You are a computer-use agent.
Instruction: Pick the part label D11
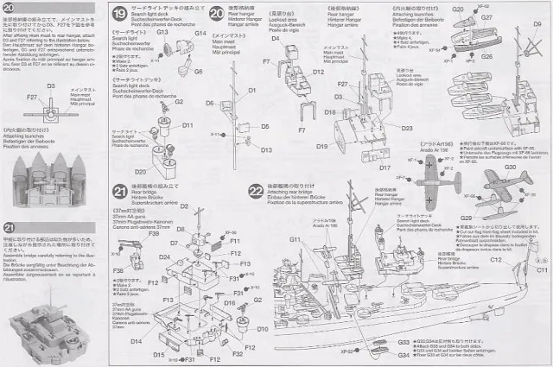188,125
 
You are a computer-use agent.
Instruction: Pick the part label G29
466,218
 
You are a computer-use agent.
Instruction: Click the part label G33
404,343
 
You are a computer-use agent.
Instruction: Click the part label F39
153,233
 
